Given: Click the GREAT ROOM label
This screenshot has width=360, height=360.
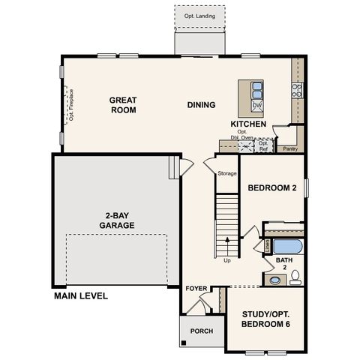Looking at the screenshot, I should tap(122, 105).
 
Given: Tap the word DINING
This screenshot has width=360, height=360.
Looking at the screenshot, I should tap(201, 105).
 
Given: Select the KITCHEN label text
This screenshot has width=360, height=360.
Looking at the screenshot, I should tap(247, 123).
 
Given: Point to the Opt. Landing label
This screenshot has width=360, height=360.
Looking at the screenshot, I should tap(199, 15).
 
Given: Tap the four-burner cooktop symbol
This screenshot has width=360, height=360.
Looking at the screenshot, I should tap(296, 91).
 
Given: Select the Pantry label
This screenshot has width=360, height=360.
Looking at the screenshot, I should tap(290, 148).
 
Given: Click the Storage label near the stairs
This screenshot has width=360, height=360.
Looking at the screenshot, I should tap(227, 174).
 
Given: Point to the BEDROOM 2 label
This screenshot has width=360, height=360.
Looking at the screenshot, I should tap(271, 189).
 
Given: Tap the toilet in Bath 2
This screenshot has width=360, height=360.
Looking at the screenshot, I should tap(295, 277).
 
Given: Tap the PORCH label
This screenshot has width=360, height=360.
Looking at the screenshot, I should tap(201, 331).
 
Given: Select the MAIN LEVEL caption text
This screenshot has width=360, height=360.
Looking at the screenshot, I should tap(81, 296).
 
